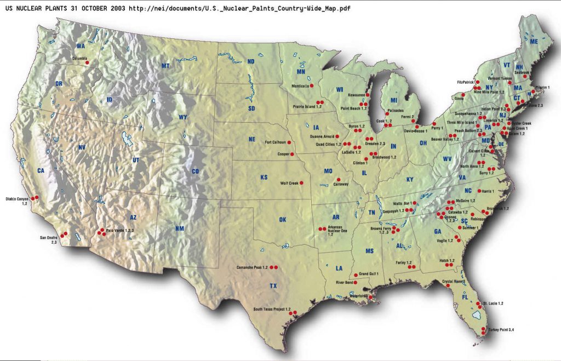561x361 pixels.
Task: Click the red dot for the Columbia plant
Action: coord(87,63)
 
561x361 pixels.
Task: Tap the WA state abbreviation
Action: coord(81,46)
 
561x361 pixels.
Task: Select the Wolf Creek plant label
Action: coord(289,184)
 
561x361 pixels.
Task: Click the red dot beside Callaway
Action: coord(338,180)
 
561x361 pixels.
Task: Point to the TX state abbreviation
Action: coord(273,286)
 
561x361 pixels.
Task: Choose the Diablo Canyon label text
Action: coord(17,199)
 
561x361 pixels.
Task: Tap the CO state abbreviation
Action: coord(195,171)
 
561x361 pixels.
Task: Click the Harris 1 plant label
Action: coord(488,191)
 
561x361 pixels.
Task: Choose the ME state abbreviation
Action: coord(534,41)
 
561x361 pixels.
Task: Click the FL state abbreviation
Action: coord(465,297)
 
